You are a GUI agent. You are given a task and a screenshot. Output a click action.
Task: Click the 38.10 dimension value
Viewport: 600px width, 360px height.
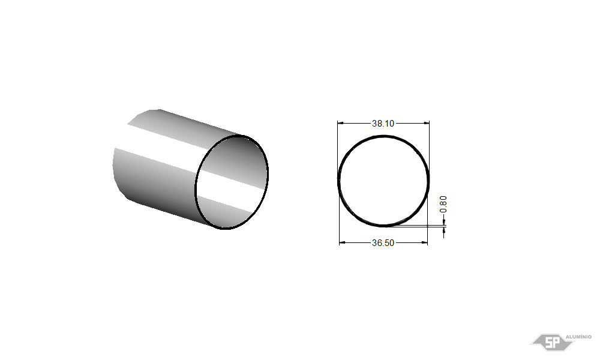(383, 123)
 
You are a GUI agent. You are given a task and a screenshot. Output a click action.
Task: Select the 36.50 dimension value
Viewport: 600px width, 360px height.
(383, 242)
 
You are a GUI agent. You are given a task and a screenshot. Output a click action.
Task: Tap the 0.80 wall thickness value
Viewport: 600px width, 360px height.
(443, 204)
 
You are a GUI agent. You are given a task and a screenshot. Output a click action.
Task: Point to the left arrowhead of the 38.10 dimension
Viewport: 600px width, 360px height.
(341, 123)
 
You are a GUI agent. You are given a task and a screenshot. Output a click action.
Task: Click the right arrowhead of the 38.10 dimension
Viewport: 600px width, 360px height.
(426, 123)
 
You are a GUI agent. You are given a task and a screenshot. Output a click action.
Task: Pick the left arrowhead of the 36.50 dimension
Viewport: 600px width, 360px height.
(343, 242)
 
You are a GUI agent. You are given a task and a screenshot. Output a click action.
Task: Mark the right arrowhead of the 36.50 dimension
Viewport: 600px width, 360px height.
(424, 242)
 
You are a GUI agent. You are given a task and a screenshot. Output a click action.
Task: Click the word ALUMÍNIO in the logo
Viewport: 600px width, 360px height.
(578, 337)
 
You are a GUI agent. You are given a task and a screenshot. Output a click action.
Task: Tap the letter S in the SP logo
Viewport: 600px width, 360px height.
(548, 343)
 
